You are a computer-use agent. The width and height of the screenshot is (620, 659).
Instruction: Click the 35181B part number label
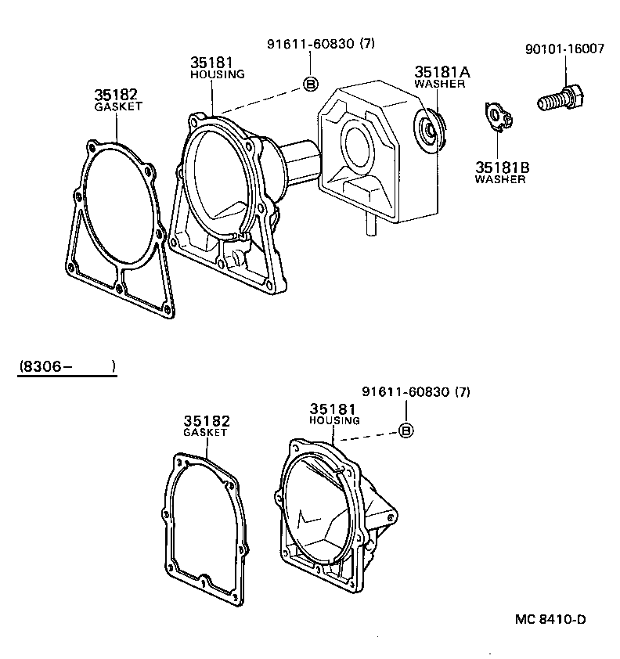(x=502, y=167)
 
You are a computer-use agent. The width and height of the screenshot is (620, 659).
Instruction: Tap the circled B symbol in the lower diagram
(x=406, y=430)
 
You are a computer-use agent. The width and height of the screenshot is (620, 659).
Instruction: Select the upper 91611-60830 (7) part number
(x=321, y=44)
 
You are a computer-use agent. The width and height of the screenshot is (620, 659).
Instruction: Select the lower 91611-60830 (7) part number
(x=416, y=391)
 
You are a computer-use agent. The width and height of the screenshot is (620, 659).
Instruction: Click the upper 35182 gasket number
(x=117, y=95)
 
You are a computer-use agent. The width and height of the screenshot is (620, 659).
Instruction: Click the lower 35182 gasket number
(x=207, y=421)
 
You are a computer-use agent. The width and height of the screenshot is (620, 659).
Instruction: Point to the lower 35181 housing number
(x=333, y=409)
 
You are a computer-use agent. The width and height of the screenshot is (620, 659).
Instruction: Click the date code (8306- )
(x=67, y=366)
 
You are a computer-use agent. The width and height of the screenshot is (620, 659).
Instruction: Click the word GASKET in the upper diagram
(x=118, y=106)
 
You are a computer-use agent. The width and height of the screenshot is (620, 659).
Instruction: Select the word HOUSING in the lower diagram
(x=334, y=420)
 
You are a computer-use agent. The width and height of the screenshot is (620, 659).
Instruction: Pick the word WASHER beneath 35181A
(x=440, y=84)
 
